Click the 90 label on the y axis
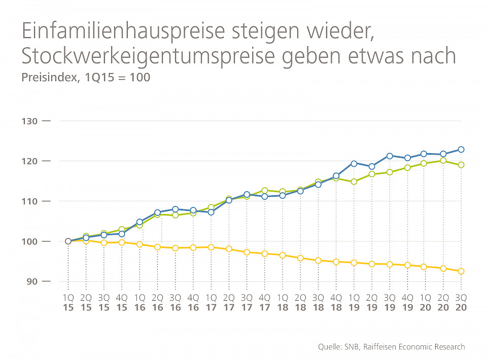(x=29, y=281)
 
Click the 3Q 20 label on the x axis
(x=461, y=303)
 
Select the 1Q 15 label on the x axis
(x=68, y=303)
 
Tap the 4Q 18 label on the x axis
(x=336, y=303)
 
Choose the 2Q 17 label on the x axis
(x=229, y=303)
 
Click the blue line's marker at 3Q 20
(x=461, y=150)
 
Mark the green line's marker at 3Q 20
(x=461, y=165)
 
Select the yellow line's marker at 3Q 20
(x=461, y=271)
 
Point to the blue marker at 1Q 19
(x=354, y=163)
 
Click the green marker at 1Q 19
(x=354, y=182)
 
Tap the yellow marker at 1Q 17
(x=211, y=247)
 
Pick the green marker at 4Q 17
(x=264, y=191)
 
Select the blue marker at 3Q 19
(x=390, y=156)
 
